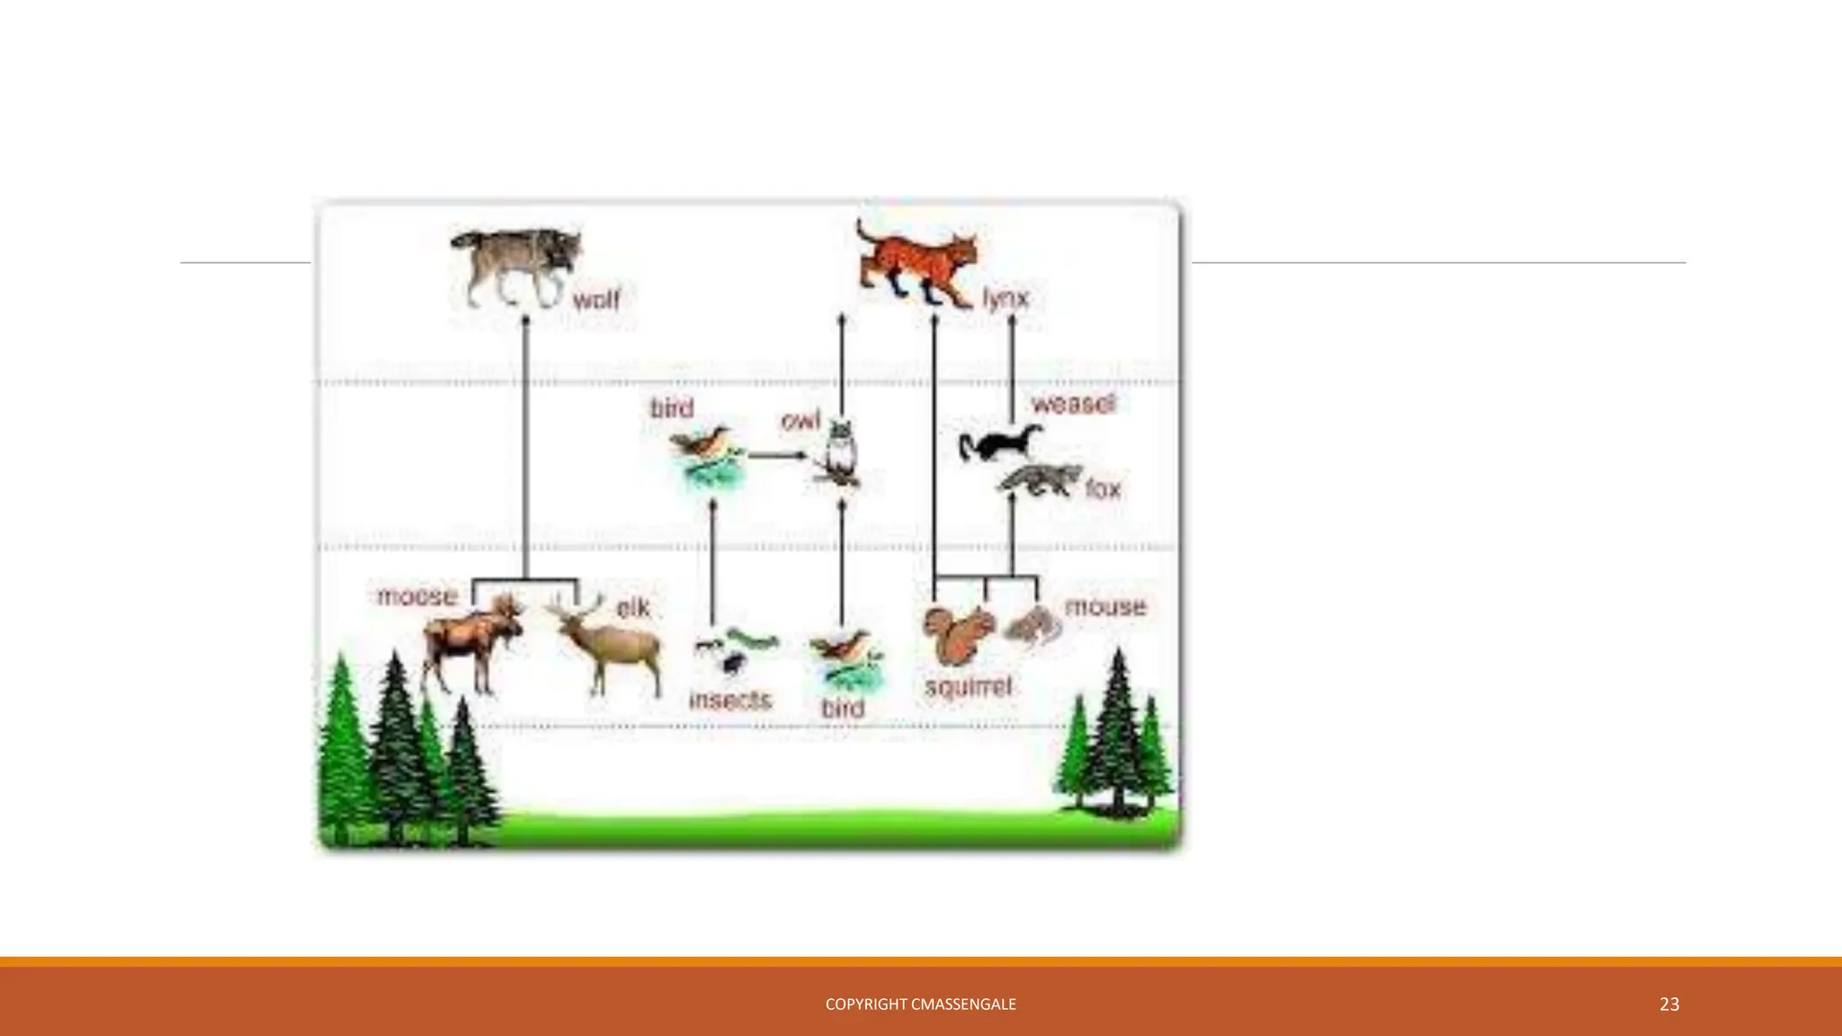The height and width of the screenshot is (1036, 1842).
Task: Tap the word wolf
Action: [x=596, y=299]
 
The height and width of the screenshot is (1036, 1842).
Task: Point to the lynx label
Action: [x=1006, y=299]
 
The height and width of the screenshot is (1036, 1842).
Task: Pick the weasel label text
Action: [x=1073, y=404]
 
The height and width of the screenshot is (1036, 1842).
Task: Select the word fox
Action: [x=1103, y=489]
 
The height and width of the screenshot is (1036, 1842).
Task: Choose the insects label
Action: [x=730, y=700]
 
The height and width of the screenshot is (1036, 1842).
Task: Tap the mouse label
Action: [x=1105, y=607]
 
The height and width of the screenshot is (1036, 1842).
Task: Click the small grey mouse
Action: [x=1033, y=625]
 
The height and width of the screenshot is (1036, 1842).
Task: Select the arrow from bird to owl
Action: [x=777, y=455]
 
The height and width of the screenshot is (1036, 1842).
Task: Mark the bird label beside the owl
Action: [x=673, y=408]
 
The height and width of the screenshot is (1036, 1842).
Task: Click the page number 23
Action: [x=1669, y=1005]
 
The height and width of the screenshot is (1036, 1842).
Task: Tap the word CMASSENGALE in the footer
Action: [x=963, y=1005]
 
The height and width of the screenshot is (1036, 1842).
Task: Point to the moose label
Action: [x=416, y=596]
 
